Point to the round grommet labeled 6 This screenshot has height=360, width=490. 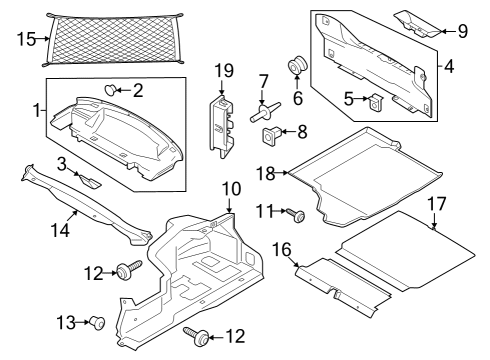pos(297,68)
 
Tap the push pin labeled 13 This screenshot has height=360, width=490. pos(98,322)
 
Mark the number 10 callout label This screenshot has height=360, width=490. pos(230,187)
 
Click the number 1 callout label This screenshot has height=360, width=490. pos(38,109)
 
